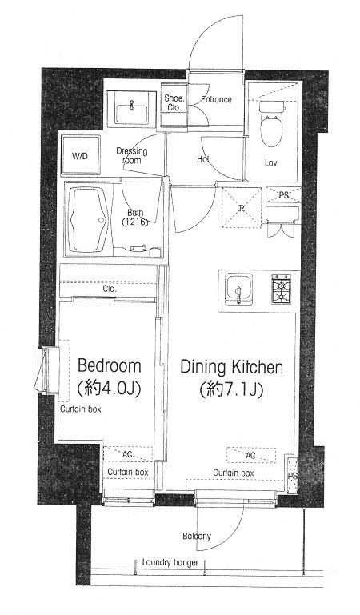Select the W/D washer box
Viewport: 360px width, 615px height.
click(80, 156)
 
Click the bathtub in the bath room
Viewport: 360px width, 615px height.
click(88, 219)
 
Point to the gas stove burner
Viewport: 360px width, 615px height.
click(281, 289)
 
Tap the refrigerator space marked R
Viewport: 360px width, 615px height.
click(242, 207)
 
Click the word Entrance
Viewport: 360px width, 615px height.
click(216, 100)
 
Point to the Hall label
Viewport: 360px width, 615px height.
click(204, 160)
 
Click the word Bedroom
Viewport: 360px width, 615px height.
click(109, 366)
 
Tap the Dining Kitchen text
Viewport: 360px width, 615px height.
click(231, 368)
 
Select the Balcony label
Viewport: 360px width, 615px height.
click(197, 536)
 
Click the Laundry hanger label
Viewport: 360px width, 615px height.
click(170, 562)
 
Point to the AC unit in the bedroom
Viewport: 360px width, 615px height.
click(128, 455)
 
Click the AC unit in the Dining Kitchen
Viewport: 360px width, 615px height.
click(251, 455)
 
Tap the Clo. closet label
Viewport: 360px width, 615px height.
click(110, 290)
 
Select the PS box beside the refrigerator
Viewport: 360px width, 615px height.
click(283, 194)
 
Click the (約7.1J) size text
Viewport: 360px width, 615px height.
click(230, 389)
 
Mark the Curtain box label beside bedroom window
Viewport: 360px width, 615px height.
click(80, 409)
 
